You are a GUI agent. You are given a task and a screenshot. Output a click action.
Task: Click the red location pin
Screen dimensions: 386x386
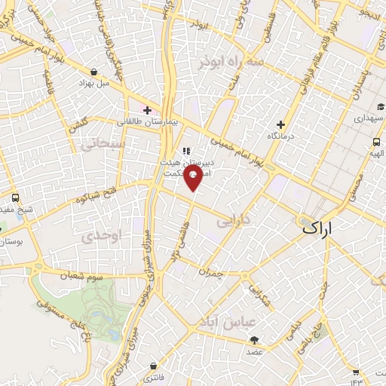pyautogui.click(x=194, y=178)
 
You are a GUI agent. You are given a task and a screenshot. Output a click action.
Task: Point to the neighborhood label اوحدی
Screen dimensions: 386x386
pyautogui.click(x=104, y=235)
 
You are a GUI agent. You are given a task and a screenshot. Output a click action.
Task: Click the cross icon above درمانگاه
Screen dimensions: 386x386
pyautogui.click(x=281, y=124)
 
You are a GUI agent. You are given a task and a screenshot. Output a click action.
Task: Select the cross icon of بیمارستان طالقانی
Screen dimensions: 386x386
pyautogui.click(x=147, y=110)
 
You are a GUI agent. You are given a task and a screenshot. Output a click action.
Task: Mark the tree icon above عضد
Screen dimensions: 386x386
pyautogui.click(x=254, y=340)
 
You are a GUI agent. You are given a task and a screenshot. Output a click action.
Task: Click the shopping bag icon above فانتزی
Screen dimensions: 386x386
pyautogui.click(x=154, y=366)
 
